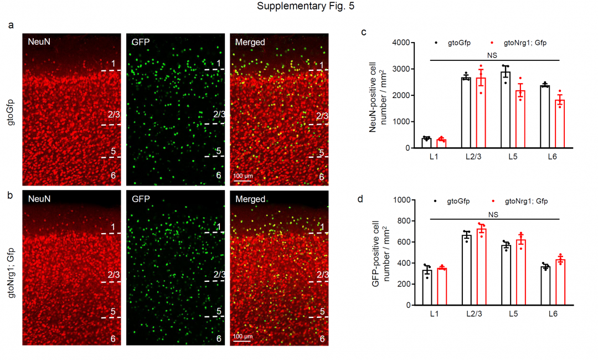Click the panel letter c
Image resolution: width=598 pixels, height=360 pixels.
[364, 32]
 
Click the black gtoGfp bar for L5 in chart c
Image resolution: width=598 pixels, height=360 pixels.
[505, 110]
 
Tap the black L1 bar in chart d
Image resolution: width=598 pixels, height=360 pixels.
[427, 287]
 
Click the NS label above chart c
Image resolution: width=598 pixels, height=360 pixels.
[492, 55]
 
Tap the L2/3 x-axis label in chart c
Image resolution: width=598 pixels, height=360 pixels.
[473, 158]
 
